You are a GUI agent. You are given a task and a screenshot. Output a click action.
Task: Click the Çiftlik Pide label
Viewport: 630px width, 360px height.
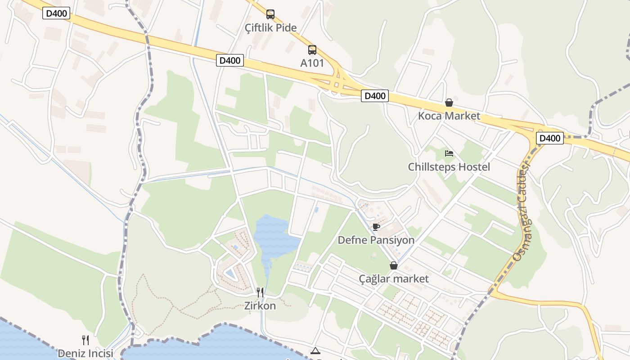tap(270, 28)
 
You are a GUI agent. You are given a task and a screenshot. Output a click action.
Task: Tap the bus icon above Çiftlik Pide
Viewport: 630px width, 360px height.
tap(270, 14)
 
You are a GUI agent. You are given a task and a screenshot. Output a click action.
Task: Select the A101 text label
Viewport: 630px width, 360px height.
tap(312, 63)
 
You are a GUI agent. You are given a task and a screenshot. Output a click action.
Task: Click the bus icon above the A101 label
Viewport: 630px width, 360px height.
tap(312, 49)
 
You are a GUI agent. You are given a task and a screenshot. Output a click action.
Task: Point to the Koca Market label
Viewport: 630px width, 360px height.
tap(449, 116)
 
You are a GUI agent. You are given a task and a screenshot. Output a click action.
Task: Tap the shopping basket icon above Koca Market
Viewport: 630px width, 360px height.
tap(449, 103)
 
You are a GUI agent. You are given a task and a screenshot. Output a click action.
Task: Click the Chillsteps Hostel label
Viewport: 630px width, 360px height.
tap(449, 167)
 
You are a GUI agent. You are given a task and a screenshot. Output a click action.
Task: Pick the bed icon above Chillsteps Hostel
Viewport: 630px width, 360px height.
tap(449, 153)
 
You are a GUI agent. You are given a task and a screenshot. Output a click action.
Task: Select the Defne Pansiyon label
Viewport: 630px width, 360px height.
tap(376, 240)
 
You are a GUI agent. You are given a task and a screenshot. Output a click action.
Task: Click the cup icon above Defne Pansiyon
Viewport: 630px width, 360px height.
tap(376, 227)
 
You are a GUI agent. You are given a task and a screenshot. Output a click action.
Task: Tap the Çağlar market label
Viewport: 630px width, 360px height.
tap(394, 279)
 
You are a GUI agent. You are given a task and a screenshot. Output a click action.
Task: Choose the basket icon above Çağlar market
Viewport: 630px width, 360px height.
tap(394, 265)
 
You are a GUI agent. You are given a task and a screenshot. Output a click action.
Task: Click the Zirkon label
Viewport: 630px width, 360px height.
tap(260, 306)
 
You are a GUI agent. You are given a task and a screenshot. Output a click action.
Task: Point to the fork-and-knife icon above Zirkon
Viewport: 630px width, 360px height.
tap(260, 292)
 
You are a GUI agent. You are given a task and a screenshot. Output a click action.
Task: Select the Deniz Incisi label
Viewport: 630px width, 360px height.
tap(85, 354)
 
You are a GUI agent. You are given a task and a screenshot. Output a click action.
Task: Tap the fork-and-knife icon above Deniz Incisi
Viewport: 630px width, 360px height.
tap(85, 340)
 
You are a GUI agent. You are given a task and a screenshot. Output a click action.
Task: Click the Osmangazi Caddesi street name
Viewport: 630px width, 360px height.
tap(522, 211)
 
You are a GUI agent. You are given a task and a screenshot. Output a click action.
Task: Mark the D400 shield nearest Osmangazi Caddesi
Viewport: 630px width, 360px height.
tap(549, 138)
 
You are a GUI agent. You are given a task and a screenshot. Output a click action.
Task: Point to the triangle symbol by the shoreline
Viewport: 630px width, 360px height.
tap(315, 351)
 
